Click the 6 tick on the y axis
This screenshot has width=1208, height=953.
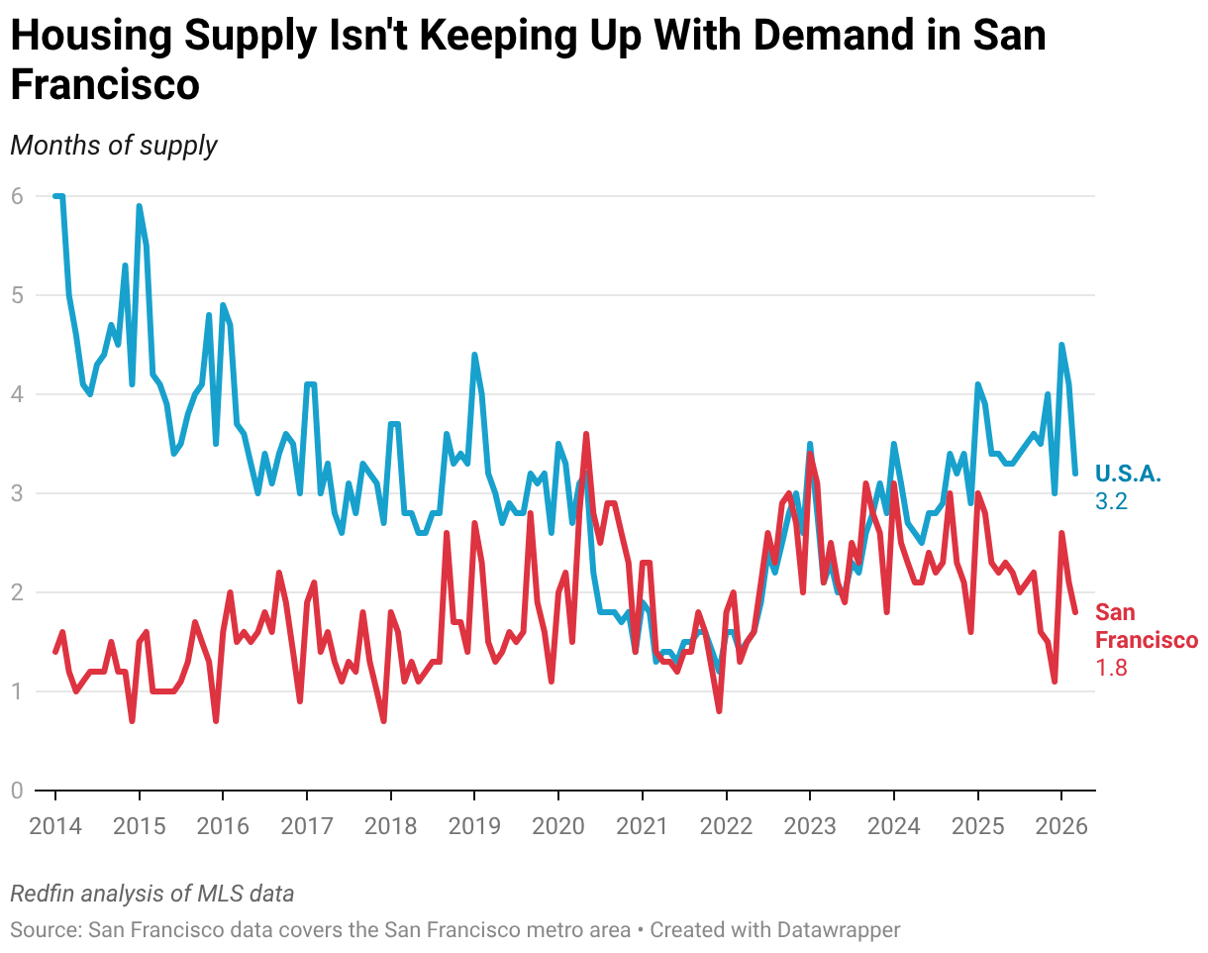(17, 196)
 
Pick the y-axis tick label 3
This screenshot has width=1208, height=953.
(17, 493)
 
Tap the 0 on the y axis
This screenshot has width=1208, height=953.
(17, 791)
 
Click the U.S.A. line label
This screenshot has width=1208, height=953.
(1128, 474)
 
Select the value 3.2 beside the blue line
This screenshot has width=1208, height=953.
(1111, 501)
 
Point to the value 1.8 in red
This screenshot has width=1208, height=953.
(1111, 668)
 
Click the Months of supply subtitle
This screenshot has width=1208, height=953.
(113, 145)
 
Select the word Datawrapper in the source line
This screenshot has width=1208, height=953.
(839, 930)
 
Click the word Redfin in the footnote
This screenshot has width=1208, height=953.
(42, 894)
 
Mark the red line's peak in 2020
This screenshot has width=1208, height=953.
(586, 434)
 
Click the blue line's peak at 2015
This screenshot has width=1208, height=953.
(139, 206)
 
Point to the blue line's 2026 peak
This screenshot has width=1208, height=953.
(1061, 345)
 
